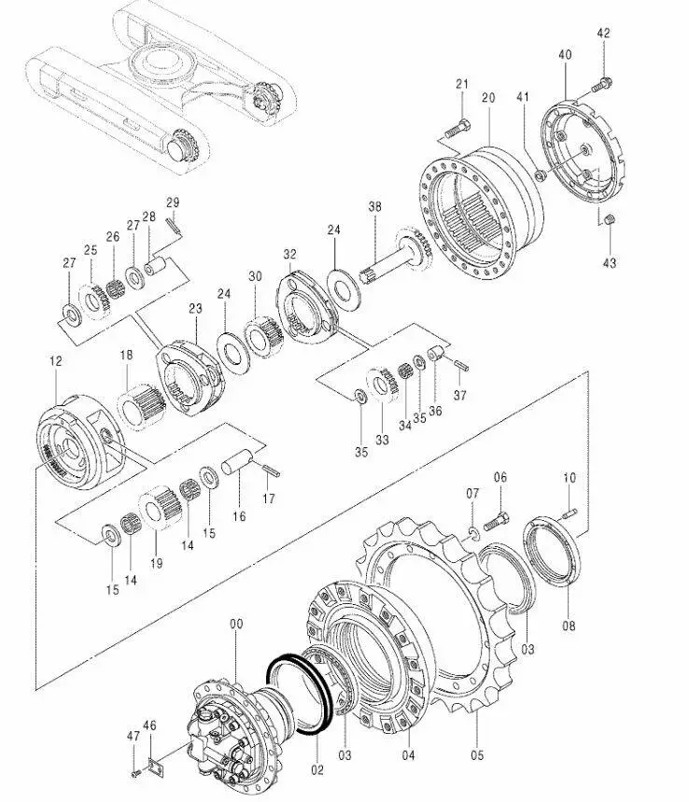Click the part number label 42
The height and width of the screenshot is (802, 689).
pos(604,34)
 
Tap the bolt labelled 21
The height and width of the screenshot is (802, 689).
pos(457,129)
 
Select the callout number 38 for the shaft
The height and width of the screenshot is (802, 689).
pos(375,206)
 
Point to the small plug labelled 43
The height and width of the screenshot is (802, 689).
pos(609,220)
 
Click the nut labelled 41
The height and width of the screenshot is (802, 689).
pos(540,176)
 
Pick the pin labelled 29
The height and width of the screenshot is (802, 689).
pos(174,226)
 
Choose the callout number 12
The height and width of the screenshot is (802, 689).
pos(56,361)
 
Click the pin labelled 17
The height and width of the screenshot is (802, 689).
pos(270,469)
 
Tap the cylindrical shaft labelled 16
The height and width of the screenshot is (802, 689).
pos(237,461)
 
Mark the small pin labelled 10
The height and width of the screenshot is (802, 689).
pos(569,513)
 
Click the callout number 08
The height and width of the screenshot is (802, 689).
pos(569,626)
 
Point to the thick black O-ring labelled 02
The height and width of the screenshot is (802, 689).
pos(300,695)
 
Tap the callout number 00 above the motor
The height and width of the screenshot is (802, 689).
pos(236,624)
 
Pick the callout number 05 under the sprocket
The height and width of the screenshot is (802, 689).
pos(477,755)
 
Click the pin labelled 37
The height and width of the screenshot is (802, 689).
pos(461,366)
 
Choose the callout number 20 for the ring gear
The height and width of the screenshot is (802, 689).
pos(488,98)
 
